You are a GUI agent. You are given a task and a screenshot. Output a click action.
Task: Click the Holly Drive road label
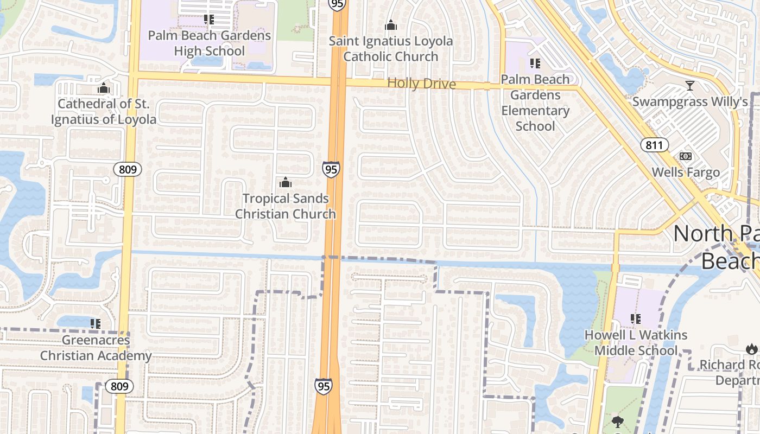421,84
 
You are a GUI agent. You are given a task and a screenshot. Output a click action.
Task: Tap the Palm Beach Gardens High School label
210,43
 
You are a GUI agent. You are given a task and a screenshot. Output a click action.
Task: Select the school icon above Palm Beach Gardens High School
209,20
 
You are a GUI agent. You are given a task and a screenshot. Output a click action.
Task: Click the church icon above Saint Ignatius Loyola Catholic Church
390,25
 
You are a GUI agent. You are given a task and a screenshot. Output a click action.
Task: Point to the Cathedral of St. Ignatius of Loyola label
104,112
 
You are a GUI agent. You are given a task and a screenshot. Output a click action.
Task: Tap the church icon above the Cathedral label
104,88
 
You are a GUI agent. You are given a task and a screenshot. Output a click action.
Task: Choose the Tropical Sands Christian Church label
286,206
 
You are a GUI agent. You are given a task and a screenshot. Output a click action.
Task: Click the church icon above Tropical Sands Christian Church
286,182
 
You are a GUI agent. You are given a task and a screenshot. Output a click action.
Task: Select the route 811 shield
654,145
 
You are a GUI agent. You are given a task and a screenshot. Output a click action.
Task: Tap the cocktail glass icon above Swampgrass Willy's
690,86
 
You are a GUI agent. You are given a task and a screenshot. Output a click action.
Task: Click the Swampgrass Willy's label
690,102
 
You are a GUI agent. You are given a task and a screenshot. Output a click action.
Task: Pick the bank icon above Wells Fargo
686,156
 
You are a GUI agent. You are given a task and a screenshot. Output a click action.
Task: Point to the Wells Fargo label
686,173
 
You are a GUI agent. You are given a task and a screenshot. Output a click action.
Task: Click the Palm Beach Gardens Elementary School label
535,103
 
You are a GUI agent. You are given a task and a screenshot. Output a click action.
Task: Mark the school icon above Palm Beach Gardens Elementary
535,63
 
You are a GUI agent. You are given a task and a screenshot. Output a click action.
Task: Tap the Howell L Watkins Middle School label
636,343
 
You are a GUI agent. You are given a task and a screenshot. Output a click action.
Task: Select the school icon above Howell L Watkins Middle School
636,319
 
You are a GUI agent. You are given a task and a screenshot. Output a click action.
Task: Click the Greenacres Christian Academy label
96,348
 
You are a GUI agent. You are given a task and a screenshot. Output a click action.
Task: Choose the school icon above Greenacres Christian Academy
96,324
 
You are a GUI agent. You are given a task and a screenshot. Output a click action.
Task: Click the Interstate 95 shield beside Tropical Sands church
331,169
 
